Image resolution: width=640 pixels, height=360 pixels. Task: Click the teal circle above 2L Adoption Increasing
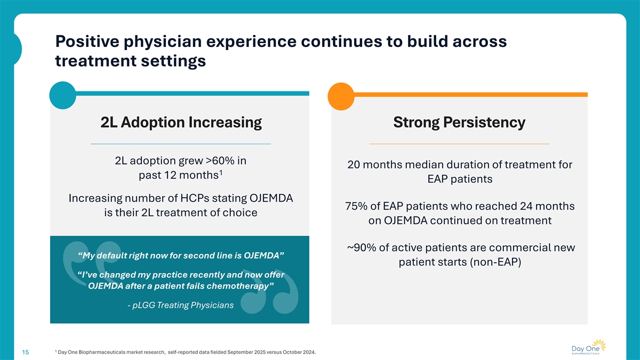[x=62, y=94]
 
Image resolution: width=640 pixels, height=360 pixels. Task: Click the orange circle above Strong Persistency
[x=341, y=94]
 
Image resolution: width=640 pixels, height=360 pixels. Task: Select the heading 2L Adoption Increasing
[x=181, y=123]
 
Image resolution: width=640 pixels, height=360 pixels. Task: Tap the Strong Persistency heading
[x=459, y=123]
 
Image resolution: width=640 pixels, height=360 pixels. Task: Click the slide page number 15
[x=26, y=352]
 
